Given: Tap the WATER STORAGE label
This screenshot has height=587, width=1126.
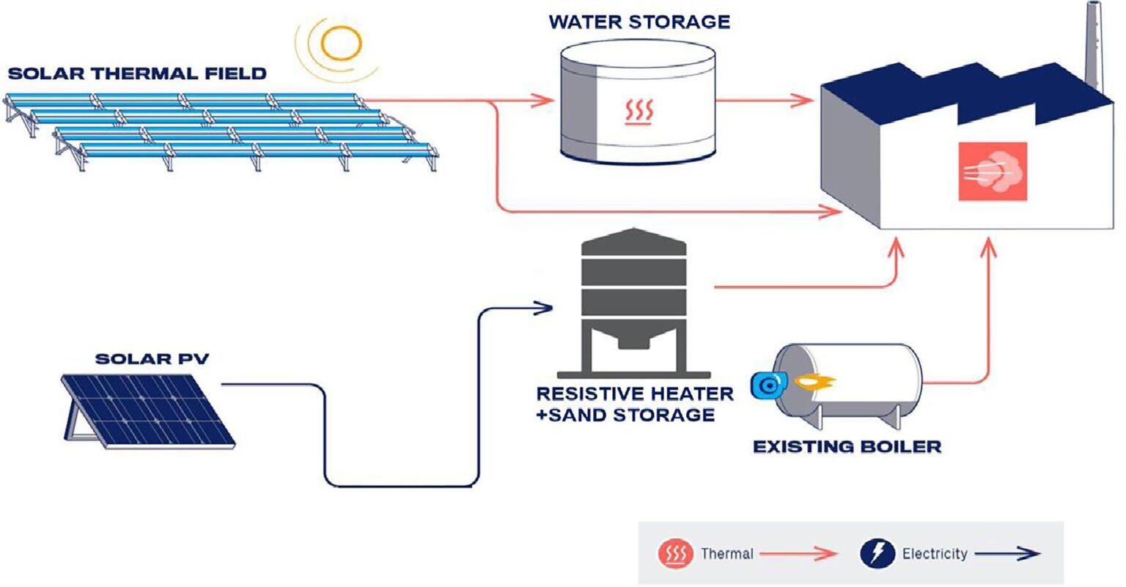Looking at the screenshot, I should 639,22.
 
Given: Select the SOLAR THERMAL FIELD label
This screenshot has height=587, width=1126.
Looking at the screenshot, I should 137,73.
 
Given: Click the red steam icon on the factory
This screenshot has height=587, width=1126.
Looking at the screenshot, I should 993,171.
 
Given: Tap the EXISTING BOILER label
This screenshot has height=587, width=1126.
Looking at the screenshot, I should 847,446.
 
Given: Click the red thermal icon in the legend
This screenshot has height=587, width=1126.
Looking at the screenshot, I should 675,554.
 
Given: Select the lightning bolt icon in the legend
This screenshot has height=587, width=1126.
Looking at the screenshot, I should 877,554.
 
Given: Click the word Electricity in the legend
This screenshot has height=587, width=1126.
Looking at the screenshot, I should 935,554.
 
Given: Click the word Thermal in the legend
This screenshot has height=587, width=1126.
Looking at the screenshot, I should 726,554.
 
